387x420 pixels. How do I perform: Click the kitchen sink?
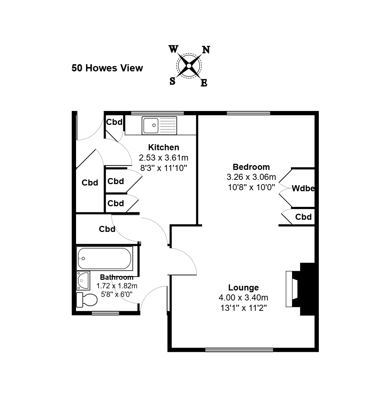[x=159, y=125]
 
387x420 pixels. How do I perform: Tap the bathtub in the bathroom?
[x=105, y=258]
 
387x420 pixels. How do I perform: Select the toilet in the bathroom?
[x=86, y=300]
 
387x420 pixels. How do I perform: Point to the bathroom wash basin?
[x=83, y=281]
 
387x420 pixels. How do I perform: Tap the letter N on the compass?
[x=206, y=50]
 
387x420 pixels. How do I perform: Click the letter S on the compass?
[x=172, y=81]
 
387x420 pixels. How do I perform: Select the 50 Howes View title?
[x=107, y=68]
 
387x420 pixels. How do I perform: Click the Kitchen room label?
[x=164, y=147]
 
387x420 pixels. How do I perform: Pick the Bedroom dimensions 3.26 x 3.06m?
[x=251, y=177]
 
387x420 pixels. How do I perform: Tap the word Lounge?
[x=243, y=288]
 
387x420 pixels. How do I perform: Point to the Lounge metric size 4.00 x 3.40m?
[x=243, y=298]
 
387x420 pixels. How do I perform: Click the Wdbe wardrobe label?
[x=303, y=188]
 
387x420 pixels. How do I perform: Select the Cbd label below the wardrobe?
[x=303, y=217]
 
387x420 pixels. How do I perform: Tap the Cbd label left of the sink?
[x=115, y=122]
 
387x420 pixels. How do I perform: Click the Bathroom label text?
[x=117, y=277]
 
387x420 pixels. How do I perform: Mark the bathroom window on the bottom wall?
[x=105, y=313]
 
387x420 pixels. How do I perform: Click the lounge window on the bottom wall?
[x=239, y=350]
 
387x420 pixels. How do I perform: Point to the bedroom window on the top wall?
[x=248, y=113]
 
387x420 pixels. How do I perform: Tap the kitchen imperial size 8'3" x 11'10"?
[x=164, y=168]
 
